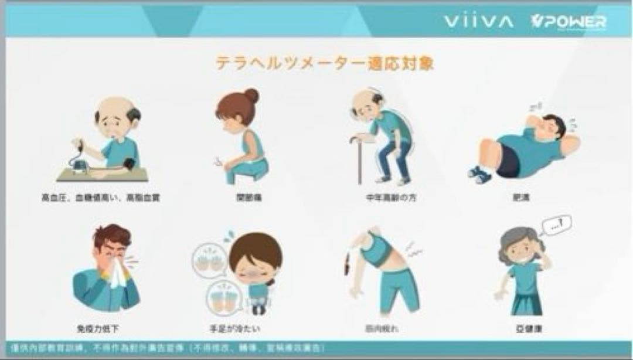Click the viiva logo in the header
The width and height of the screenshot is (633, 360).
coord(478,22)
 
